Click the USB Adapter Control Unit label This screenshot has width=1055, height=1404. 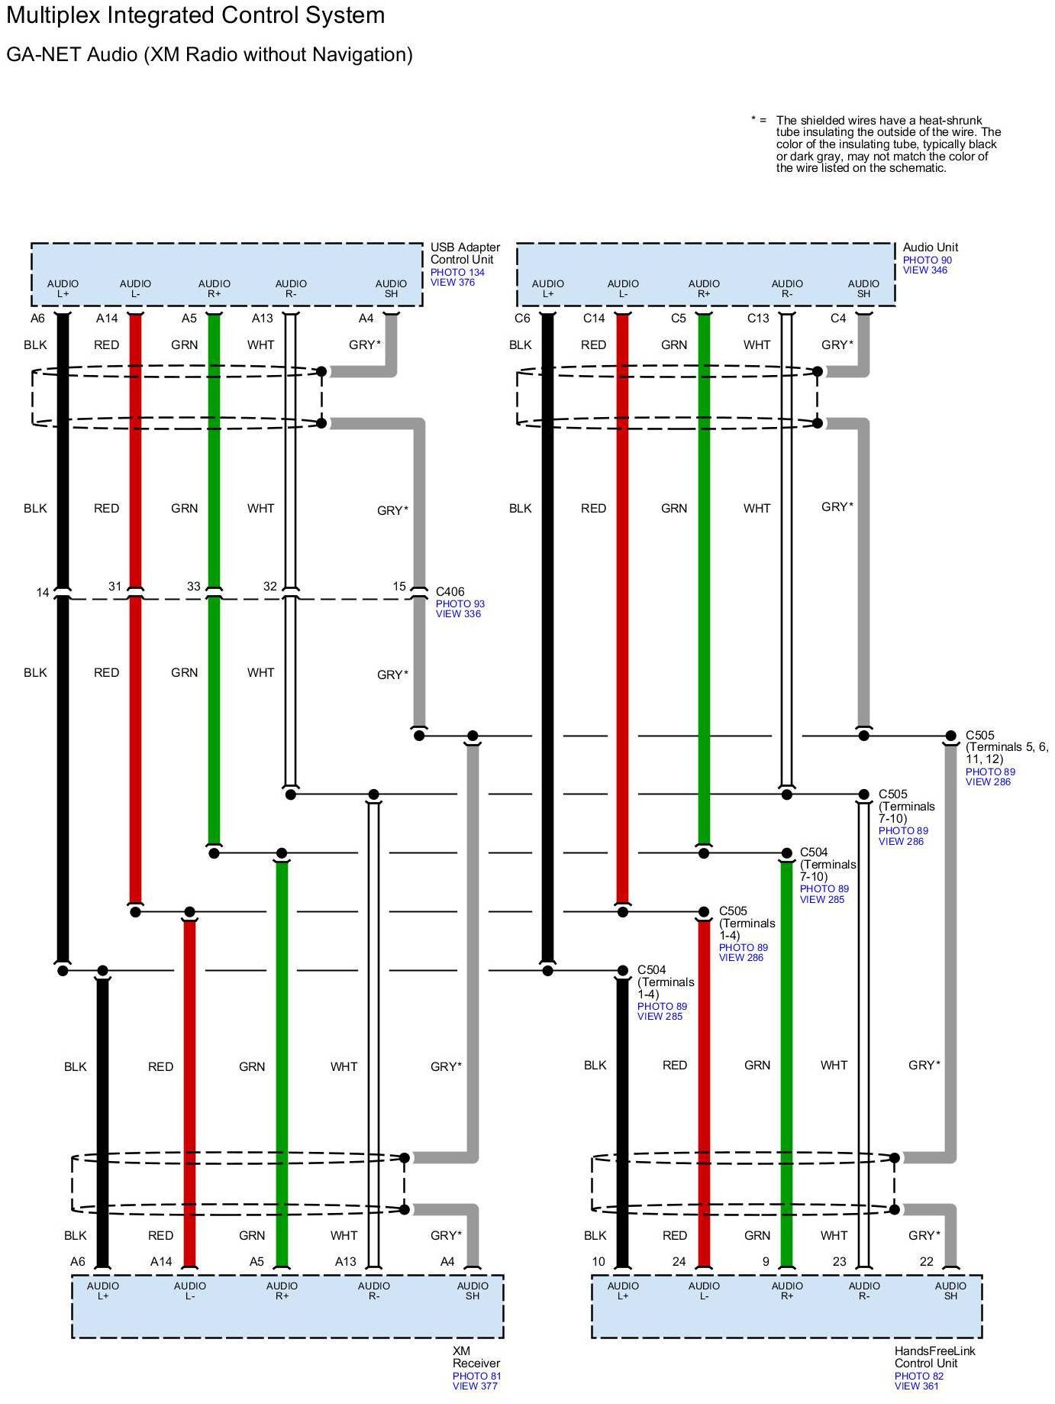[x=465, y=253]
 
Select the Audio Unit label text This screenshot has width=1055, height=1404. [x=930, y=247]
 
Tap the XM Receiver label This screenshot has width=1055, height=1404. [x=476, y=1357]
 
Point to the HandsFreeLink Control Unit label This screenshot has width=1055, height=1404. [x=934, y=1357]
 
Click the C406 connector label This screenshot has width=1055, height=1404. [x=450, y=591]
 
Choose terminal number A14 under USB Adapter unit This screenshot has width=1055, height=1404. [x=107, y=319]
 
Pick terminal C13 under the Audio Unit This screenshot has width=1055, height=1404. [x=757, y=319]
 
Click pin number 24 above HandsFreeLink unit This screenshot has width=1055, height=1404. [x=679, y=1261]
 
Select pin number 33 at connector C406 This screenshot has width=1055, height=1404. [x=194, y=586]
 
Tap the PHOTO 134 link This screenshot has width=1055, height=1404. [x=457, y=272]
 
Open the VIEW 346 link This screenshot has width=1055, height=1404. [x=924, y=270]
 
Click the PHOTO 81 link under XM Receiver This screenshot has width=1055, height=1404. [x=476, y=1376]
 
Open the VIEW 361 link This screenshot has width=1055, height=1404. [x=916, y=1386]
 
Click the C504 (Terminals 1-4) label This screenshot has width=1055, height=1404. [x=666, y=982]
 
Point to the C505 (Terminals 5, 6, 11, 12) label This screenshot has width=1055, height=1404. [x=1006, y=747]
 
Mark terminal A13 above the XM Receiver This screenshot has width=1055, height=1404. [x=346, y=1261]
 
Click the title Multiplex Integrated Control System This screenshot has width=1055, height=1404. [x=195, y=15]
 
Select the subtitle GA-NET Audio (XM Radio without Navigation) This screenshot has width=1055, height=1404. [x=209, y=54]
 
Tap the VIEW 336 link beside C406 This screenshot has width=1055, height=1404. [x=458, y=613]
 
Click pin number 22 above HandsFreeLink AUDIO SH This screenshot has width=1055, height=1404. [x=926, y=1261]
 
